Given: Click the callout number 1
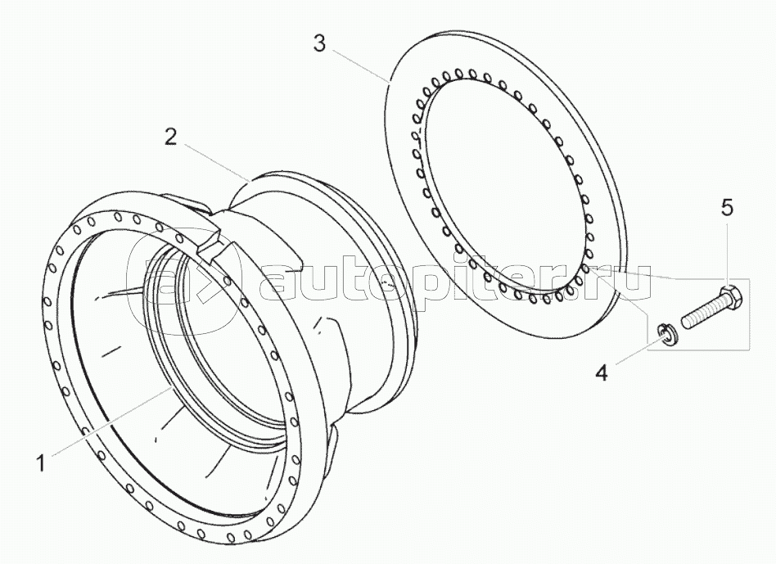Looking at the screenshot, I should click(x=38, y=463).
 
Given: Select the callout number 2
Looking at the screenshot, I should click(x=169, y=137).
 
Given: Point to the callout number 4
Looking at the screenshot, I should click(x=602, y=373).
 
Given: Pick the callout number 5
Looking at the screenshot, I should click(x=727, y=208).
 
